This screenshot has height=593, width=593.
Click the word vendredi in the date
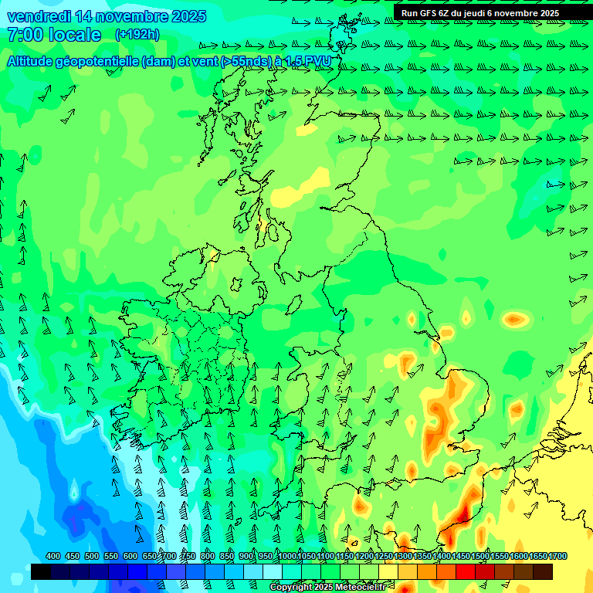[x=39, y=16]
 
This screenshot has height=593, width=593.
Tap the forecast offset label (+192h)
[x=137, y=34]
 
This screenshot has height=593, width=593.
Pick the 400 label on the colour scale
[x=53, y=557]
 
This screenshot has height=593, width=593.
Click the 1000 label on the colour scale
[x=287, y=557]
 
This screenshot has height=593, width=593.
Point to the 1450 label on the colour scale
[x=461, y=557]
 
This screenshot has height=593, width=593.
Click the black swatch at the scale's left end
[x=41, y=571]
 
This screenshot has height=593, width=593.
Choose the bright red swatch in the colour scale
[x=466, y=571]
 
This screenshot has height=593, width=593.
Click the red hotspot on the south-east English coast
[x=462, y=513]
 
